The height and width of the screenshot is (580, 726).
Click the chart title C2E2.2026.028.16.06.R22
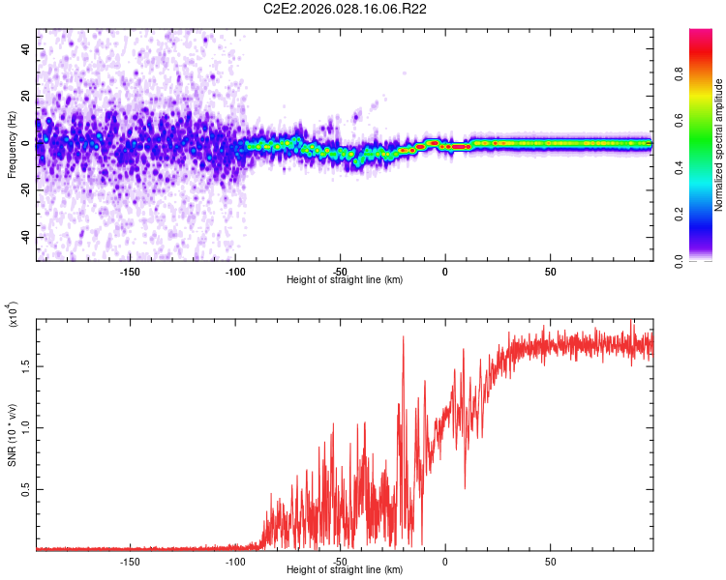pyautogui.click(x=346, y=9)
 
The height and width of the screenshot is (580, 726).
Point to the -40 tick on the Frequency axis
pyautogui.click(x=27, y=237)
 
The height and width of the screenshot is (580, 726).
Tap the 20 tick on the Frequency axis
pyautogui.click(x=27, y=96)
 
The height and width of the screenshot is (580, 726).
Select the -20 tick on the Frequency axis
pyautogui.click(x=27, y=189)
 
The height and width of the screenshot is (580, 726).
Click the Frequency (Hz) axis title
pyautogui.click(x=12, y=145)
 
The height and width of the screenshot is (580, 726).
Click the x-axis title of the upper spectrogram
pyautogui.click(x=345, y=280)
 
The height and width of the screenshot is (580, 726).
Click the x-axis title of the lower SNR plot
pyautogui.click(x=345, y=570)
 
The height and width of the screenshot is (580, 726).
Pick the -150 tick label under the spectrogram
pyautogui.click(x=130, y=271)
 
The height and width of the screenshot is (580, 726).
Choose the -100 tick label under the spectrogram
pyautogui.click(x=235, y=271)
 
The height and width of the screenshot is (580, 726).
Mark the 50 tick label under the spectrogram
pyautogui.click(x=550, y=271)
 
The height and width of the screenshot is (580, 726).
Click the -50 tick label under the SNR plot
pyautogui.click(x=340, y=561)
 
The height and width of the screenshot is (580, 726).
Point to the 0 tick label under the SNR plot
pyautogui.click(x=445, y=561)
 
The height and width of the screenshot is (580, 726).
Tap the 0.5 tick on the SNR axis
pyautogui.click(x=26, y=490)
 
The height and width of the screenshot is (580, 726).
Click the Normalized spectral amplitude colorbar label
pyautogui.click(x=719, y=145)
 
